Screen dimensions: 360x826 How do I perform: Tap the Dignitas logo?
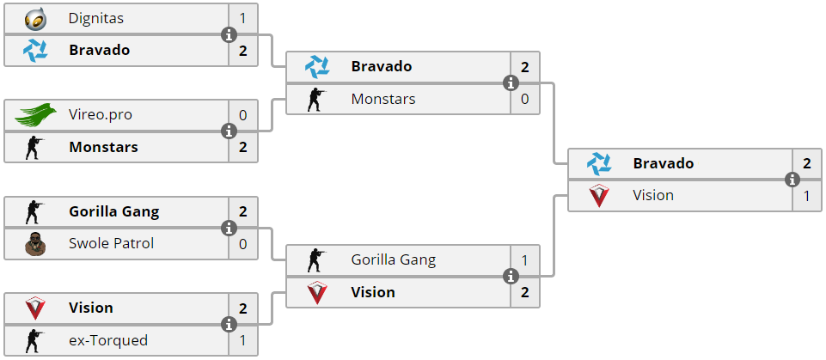(35, 18)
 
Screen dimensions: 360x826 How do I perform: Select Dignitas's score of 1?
(242, 18)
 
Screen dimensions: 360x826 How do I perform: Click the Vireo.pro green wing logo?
(35, 114)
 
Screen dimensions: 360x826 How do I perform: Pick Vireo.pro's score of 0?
(242, 114)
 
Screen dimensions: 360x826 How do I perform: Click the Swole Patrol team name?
(111, 244)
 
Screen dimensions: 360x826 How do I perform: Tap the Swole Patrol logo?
(35, 244)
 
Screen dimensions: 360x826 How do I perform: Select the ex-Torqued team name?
(108, 340)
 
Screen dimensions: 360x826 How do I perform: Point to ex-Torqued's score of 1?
(242, 340)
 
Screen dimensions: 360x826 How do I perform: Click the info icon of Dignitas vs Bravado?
(229, 34)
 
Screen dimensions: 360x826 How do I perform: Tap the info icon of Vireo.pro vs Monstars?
(229, 131)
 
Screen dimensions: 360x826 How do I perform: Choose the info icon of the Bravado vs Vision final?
(792, 180)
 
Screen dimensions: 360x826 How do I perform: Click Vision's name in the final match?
(653, 196)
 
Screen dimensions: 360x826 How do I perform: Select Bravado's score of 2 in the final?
(806, 163)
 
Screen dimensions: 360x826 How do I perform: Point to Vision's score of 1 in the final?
(806, 196)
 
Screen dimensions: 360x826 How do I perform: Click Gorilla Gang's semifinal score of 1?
(524, 259)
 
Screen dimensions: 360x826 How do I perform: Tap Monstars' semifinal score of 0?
(524, 99)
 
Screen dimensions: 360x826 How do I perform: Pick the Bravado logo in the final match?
(599, 163)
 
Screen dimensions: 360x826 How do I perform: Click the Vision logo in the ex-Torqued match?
(35, 308)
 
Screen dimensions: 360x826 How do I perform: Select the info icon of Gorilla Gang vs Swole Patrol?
(229, 229)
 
